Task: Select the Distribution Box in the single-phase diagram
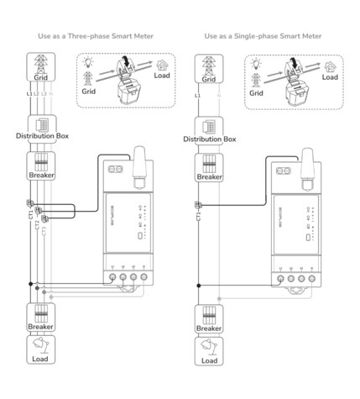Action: [209, 132]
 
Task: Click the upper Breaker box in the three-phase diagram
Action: [39, 167]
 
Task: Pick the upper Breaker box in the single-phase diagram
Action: [209, 167]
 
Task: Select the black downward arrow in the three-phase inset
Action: [125, 62]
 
